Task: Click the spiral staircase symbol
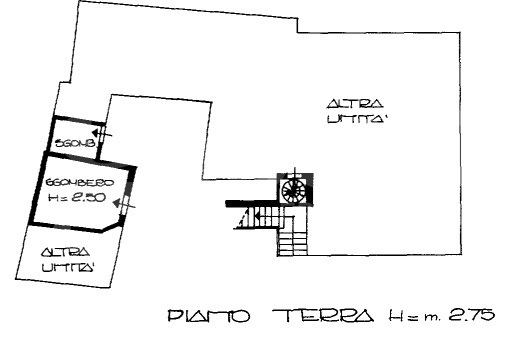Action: [x=294, y=188]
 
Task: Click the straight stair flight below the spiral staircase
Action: [x=294, y=237]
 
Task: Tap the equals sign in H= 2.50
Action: [x=68, y=196]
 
